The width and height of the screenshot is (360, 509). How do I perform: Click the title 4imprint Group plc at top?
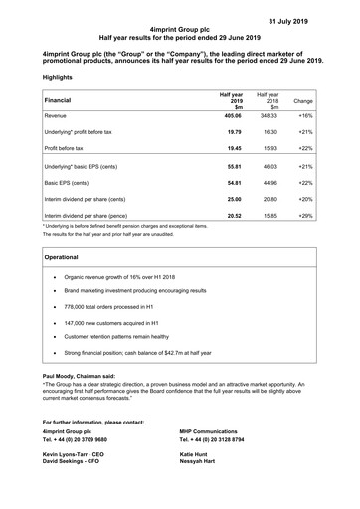tap(179, 31)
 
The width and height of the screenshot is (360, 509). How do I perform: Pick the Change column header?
tap(304, 101)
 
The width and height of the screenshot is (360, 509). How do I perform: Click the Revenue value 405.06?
tap(230, 116)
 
